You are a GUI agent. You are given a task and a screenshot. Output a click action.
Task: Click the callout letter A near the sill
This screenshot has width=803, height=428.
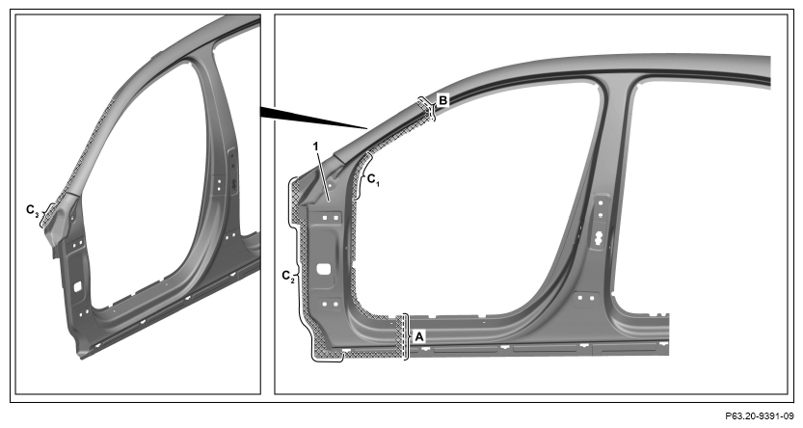pyautogui.click(x=419, y=336)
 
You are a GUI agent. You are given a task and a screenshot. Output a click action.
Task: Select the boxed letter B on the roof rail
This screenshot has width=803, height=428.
pyautogui.click(x=443, y=100)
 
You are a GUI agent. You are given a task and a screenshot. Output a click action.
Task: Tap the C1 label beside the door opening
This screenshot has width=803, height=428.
pyautogui.click(x=373, y=179)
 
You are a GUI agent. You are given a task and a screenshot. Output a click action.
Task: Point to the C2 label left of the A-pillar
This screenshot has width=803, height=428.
pyautogui.click(x=288, y=276)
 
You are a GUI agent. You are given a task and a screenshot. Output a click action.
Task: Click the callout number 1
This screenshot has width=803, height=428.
pyautogui.click(x=316, y=147)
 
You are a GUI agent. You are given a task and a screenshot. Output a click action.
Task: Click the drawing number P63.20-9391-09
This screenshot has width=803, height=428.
pyautogui.click(x=760, y=415)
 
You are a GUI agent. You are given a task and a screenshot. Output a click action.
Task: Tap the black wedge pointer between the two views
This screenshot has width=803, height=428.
pyautogui.click(x=312, y=117)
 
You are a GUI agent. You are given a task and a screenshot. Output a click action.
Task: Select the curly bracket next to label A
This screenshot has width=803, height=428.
pyautogui.click(x=407, y=336)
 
